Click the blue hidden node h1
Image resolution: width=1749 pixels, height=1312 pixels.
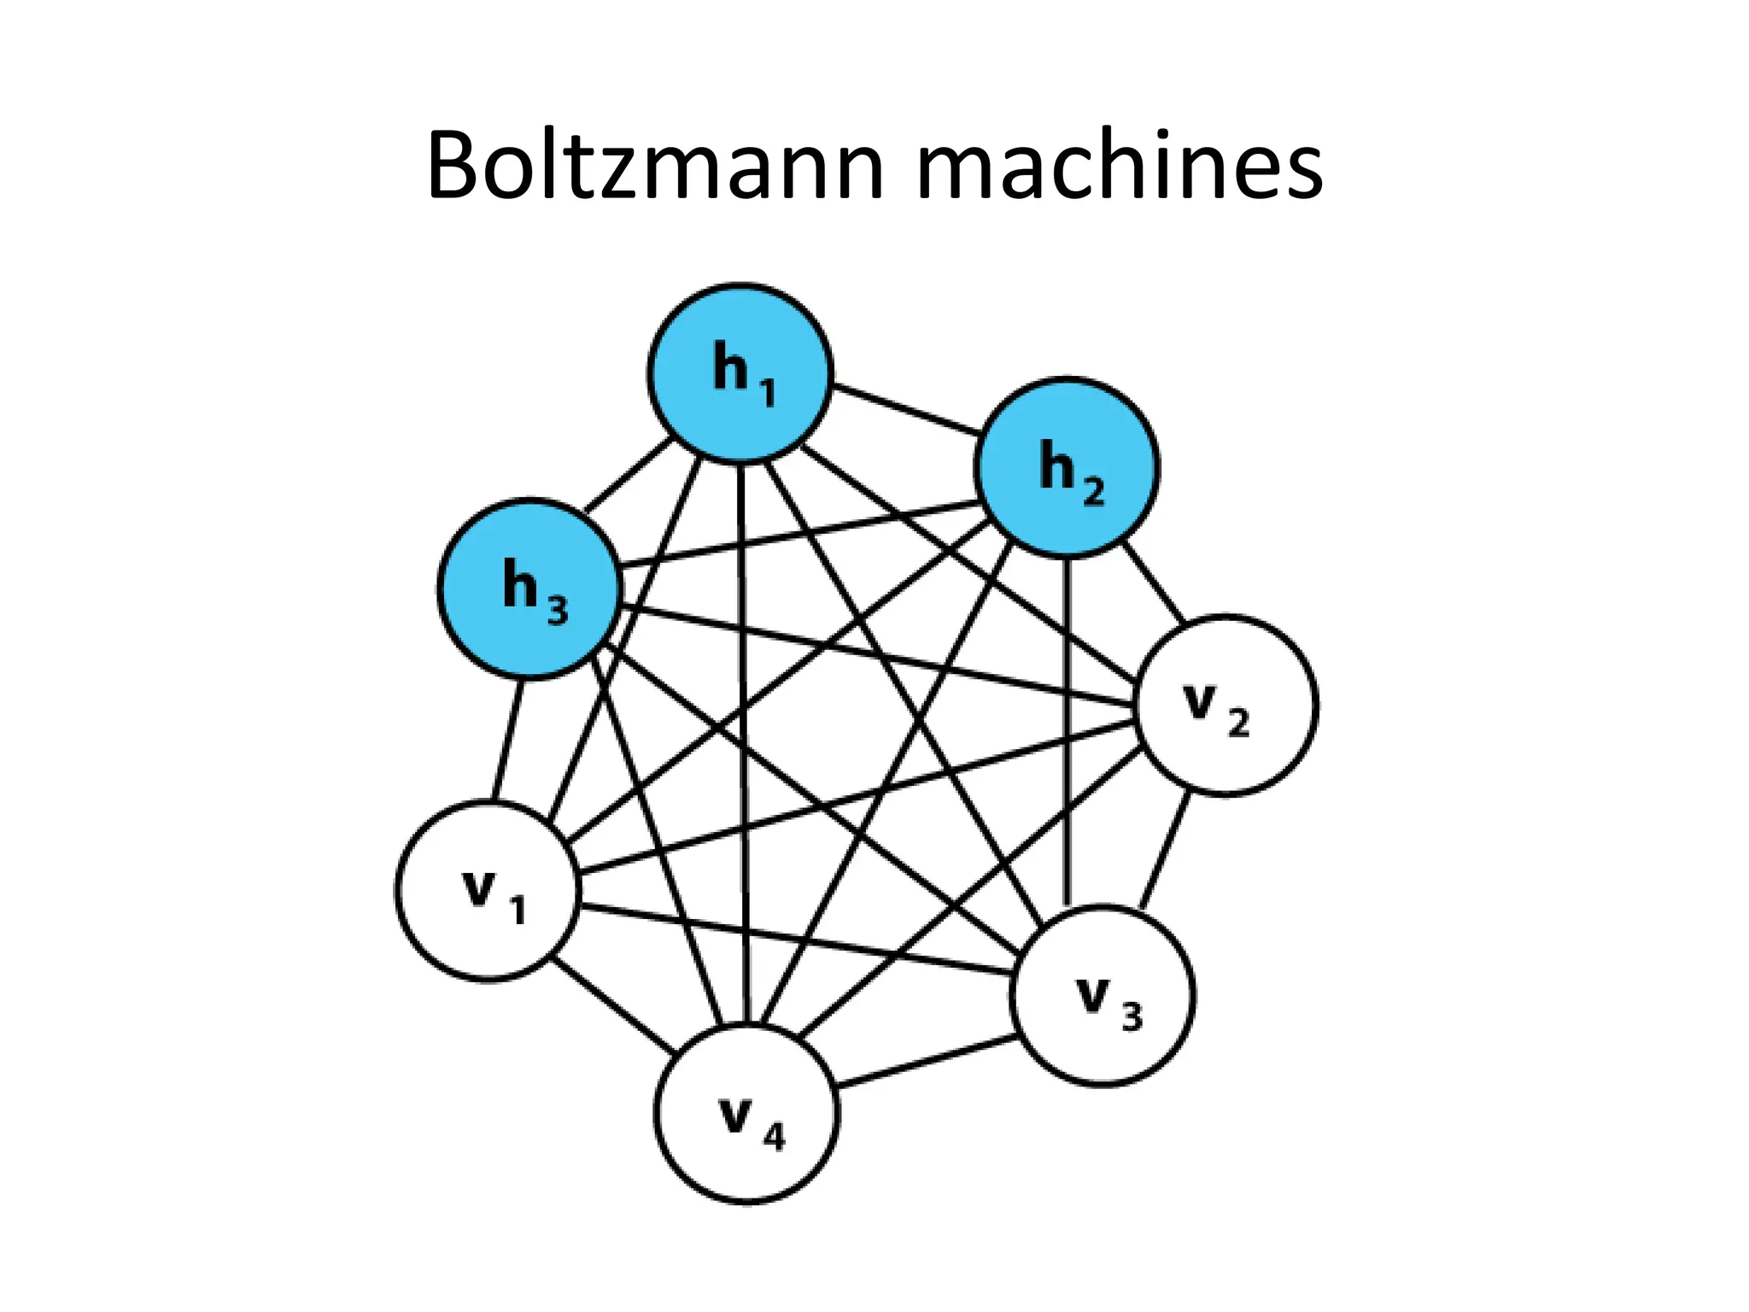740,373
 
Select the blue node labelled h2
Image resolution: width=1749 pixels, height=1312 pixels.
1067,468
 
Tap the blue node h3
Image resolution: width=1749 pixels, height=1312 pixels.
529,589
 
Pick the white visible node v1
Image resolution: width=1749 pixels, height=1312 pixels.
488,891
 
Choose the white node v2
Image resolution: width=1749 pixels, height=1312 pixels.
1226,706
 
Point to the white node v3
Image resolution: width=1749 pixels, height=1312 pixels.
1103,996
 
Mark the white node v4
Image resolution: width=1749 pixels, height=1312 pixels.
747,1114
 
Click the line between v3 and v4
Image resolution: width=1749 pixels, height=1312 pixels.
927,1062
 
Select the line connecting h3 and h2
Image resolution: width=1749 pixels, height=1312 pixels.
798,534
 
